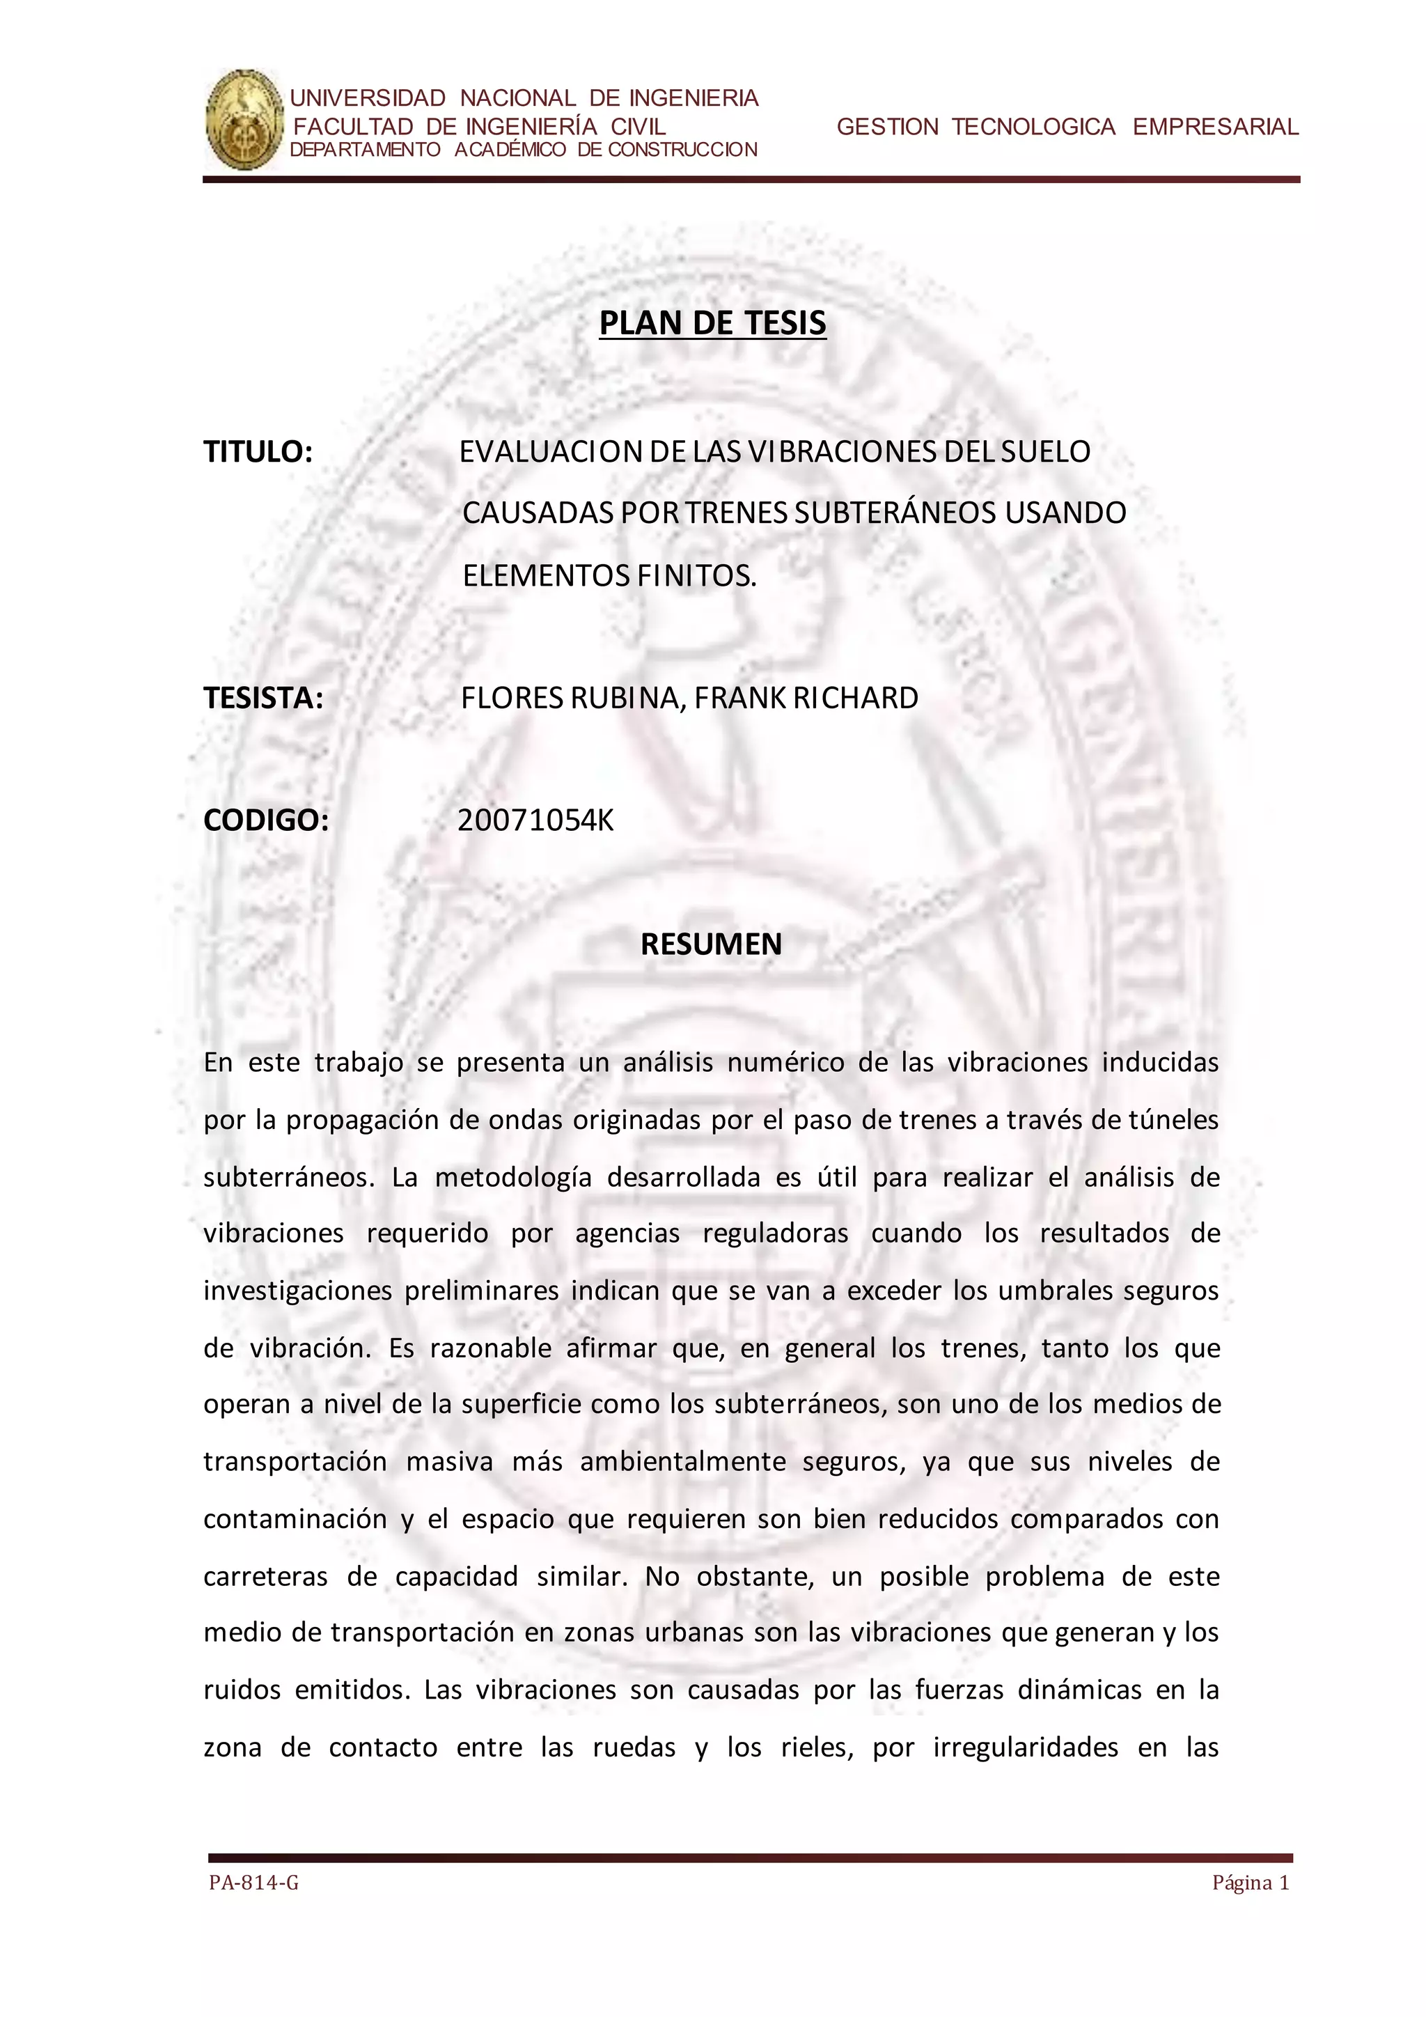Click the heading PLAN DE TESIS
(712, 323)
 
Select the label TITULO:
(258, 451)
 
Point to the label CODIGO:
(266, 820)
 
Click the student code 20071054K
(535, 820)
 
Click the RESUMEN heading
(711, 944)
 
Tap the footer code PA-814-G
(253, 1883)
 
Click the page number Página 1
(1251, 1883)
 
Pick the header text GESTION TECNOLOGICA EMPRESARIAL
(1067, 127)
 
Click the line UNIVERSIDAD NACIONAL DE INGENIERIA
(524, 98)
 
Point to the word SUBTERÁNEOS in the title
(895, 512)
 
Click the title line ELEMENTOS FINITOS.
(609, 575)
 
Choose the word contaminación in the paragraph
(295, 1519)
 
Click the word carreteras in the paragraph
(265, 1576)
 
